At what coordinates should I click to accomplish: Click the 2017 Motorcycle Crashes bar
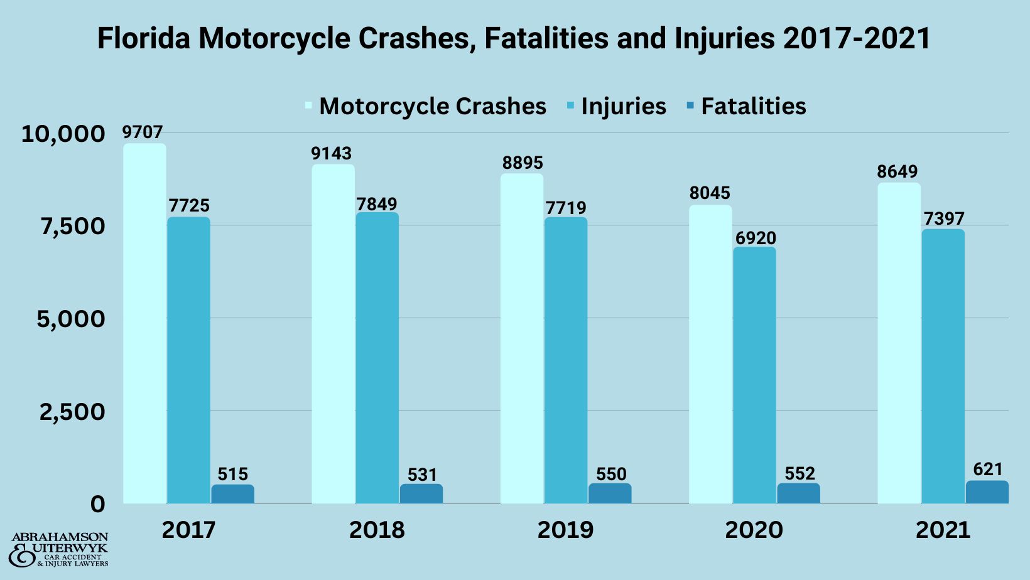pos(144,323)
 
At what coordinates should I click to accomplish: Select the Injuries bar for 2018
pos(377,358)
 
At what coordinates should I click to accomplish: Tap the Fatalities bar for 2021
pos(987,492)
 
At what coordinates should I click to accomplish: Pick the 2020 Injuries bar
pos(754,375)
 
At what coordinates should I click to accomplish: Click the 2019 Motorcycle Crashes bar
pos(521,339)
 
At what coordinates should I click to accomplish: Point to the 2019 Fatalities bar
pos(610,493)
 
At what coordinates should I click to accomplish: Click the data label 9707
pos(143,132)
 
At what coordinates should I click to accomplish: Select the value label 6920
pos(756,238)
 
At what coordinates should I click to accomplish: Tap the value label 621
pos(988,469)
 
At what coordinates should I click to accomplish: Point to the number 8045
pos(710,193)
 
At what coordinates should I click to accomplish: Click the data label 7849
pos(377,204)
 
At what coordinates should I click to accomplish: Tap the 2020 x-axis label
pos(754,530)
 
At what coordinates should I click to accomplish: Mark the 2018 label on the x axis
pos(377,530)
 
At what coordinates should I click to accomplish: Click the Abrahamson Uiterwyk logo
pos(60,550)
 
